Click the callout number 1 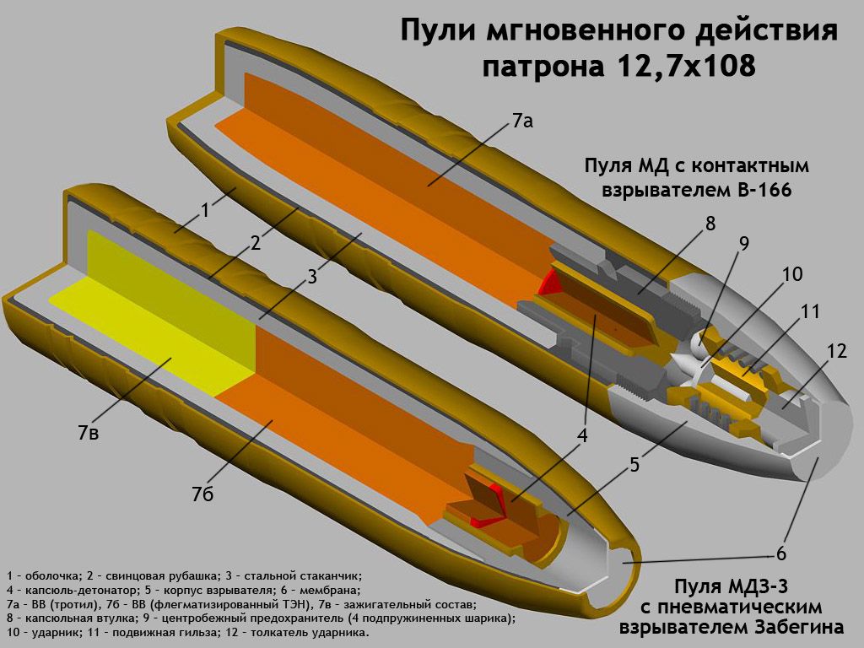204,211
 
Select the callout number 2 256,243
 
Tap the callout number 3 311,276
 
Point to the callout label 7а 522,121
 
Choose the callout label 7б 203,494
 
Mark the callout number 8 710,224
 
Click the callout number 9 743,244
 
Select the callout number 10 791,275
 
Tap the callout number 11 810,311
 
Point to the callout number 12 836,351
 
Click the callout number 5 634,464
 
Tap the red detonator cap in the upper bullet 551,282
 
